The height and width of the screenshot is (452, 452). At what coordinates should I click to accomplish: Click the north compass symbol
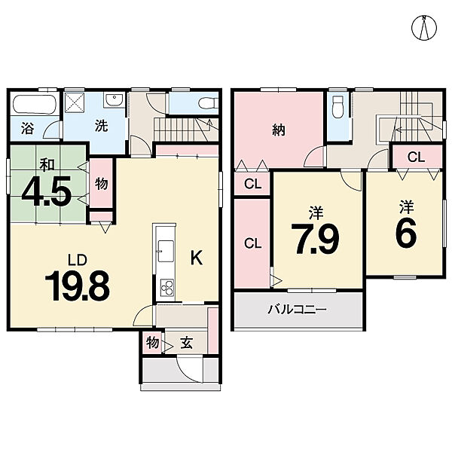pyautogui.click(x=423, y=28)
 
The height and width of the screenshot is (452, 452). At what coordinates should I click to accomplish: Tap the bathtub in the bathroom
pyautogui.click(x=35, y=105)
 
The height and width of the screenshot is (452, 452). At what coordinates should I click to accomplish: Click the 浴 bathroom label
pyautogui.click(x=28, y=128)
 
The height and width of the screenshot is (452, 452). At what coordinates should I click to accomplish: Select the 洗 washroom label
pyautogui.click(x=102, y=126)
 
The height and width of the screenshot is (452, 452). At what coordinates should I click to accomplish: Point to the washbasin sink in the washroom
pyautogui.click(x=115, y=100)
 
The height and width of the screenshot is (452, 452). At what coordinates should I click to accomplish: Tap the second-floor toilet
pyautogui.click(x=337, y=107)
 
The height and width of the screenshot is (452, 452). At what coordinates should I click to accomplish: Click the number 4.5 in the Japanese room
pyautogui.click(x=47, y=191)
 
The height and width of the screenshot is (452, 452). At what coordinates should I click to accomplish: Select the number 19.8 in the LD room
pyautogui.click(x=77, y=286)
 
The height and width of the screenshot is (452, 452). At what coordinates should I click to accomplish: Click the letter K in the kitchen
pyautogui.click(x=197, y=258)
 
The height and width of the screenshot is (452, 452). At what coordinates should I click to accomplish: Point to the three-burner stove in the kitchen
pyautogui.click(x=167, y=288)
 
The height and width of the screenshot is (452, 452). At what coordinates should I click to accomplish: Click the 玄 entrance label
pyautogui.click(x=186, y=343)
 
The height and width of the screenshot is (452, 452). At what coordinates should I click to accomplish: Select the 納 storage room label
pyautogui.click(x=279, y=130)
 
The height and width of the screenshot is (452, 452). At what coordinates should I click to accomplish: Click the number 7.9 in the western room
pyautogui.click(x=315, y=239)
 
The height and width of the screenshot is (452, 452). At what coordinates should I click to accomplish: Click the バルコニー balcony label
pyautogui.click(x=298, y=310)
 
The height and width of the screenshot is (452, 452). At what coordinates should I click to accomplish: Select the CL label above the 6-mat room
pyautogui.click(x=416, y=157)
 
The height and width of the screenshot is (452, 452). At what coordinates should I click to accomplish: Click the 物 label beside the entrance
pyautogui.click(x=152, y=343)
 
